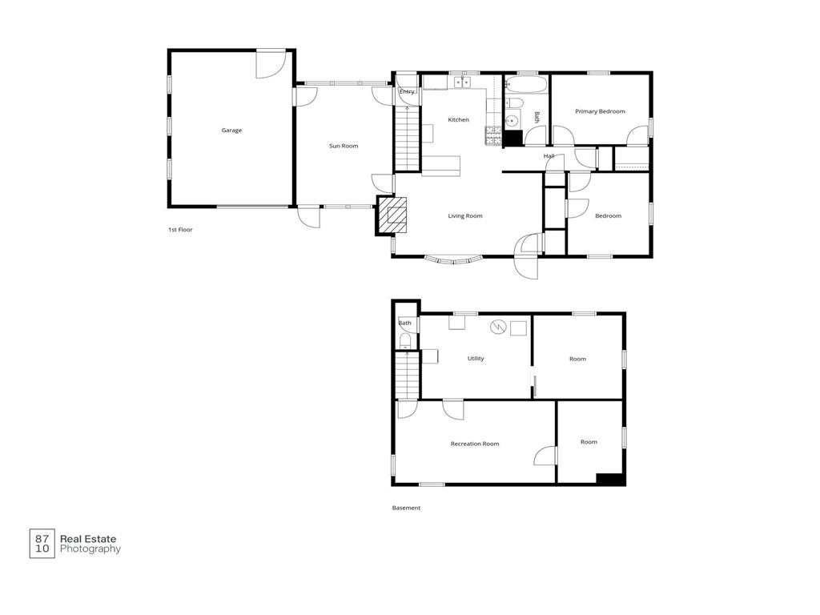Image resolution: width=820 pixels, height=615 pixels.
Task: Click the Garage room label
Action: (231, 131)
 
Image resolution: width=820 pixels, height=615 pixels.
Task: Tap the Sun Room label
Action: (344, 146)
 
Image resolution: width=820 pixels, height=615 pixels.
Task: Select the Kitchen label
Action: (459, 120)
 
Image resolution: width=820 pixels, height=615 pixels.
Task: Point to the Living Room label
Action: (465, 215)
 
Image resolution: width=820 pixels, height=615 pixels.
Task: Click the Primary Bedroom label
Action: (600, 111)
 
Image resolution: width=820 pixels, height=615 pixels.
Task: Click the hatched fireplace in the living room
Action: (392, 215)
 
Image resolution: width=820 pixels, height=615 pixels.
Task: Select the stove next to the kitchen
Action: (493, 135)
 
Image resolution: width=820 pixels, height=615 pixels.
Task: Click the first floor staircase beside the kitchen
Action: (407, 138)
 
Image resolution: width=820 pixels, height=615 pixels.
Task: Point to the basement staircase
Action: (407, 375)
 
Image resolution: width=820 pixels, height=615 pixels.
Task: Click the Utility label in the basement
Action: (476, 358)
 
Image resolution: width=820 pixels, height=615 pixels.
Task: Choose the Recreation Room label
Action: (475, 444)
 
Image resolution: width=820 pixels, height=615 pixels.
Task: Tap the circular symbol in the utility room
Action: (498, 327)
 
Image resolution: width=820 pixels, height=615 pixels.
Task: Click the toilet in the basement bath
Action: (405, 341)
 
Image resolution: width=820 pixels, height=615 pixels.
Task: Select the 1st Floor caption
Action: (180, 230)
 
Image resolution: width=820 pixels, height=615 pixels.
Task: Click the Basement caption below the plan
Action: (406, 508)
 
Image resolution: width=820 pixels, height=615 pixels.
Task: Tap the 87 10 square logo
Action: (42, 544)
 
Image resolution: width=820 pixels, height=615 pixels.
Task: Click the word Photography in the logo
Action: (90, 549)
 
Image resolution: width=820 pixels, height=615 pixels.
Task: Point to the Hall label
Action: (549, 156)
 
